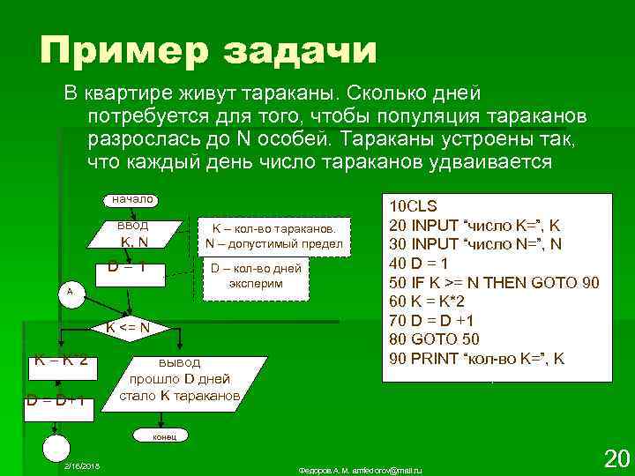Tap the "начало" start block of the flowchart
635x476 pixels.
(132, 200)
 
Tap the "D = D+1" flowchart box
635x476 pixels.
(56, 400)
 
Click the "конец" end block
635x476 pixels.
(165, 435)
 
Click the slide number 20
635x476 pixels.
(615, 457)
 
